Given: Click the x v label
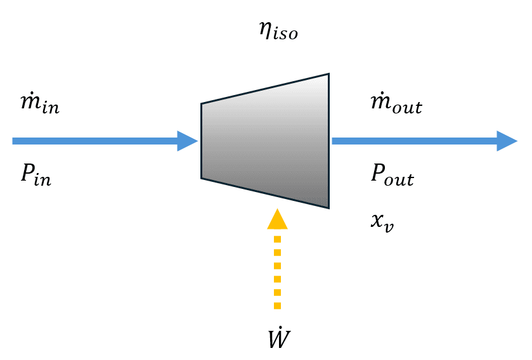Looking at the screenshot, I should [382, 222].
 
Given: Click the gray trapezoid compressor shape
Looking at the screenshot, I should [265, 141].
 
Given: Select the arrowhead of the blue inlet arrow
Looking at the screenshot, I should [188, 141].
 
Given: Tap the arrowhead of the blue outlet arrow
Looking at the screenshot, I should [507, 141].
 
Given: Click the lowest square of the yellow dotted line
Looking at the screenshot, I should [277, 305].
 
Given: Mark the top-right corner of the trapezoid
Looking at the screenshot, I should [328, 74].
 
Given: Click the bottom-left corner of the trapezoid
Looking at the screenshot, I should [202, 178].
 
